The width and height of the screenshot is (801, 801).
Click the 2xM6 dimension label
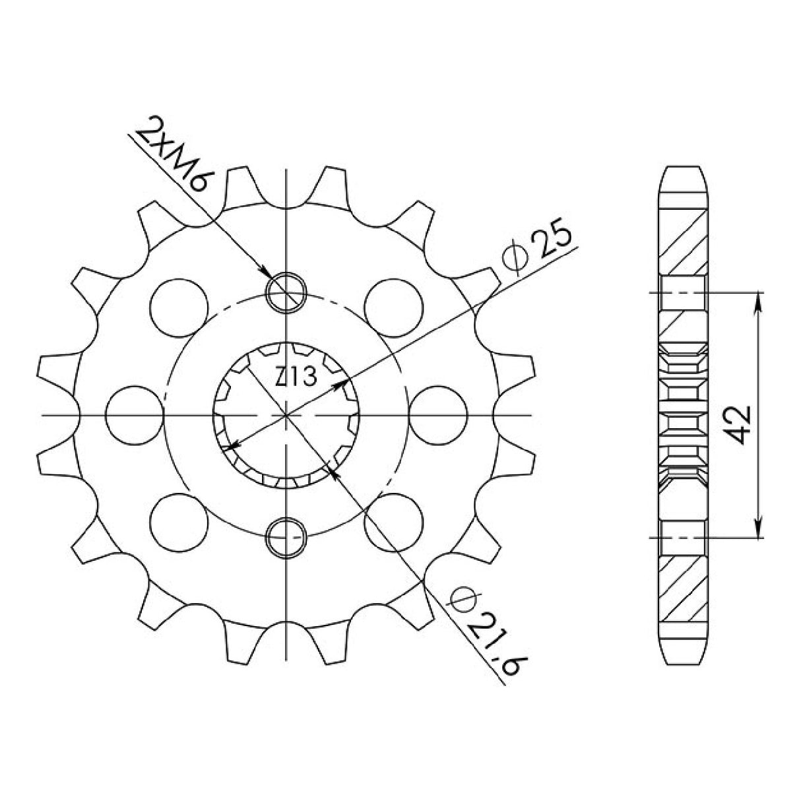171,154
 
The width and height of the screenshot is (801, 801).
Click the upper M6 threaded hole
286,292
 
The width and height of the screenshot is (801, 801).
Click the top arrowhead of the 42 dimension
759,301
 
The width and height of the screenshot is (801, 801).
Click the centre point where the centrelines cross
286,415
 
